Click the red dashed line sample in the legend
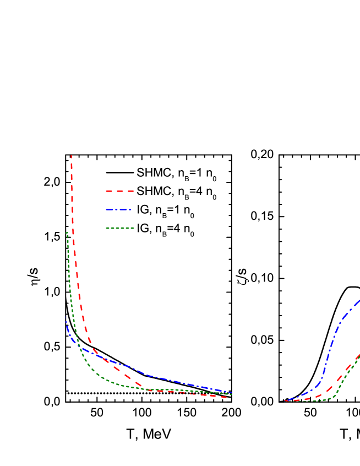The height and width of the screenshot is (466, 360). click(120, 191)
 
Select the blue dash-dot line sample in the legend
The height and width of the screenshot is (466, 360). click(119, 209)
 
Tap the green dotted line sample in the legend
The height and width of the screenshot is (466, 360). click(120, 227)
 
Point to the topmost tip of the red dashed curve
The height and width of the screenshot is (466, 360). click(72, 156)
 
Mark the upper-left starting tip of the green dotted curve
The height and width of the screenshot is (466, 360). click(67, 232)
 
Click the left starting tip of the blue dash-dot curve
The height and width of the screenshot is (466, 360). click(67, 322)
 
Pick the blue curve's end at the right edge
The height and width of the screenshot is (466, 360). click(359, 301)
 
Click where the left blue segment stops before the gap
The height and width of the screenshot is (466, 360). click(232, 393)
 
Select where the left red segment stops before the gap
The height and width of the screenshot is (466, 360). click(227, 397)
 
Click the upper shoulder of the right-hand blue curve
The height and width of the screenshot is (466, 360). click(343, 317)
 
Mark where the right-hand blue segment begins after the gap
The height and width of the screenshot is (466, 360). click(285, 401)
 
